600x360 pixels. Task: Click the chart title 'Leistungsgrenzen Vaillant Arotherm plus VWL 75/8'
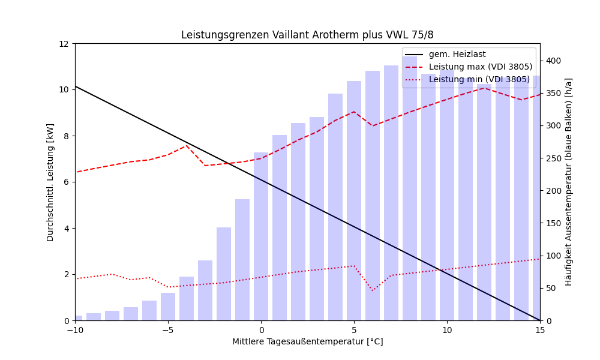[307, 35]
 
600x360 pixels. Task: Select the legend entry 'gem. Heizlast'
[457, 55]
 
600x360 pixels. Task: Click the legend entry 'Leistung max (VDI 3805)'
[480, 67]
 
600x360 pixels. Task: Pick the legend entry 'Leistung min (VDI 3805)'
[479, 79]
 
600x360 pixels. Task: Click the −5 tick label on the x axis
[168, 330]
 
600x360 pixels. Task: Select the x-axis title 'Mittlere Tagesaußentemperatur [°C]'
[307, 342]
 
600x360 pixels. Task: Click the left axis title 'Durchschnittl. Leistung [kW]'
[50, 182]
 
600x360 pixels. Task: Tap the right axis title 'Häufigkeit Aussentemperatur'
[568, 182]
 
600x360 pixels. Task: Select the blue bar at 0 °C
[261, 236]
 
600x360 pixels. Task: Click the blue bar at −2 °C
[224, 274]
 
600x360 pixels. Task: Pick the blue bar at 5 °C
[354, 200]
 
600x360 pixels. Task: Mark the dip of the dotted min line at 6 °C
[373, 291]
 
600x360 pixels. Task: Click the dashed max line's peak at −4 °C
[187, 145]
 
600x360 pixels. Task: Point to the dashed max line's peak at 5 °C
[354, 112]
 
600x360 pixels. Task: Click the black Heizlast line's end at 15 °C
[539, 320]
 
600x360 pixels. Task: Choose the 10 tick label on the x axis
[447, 330]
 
